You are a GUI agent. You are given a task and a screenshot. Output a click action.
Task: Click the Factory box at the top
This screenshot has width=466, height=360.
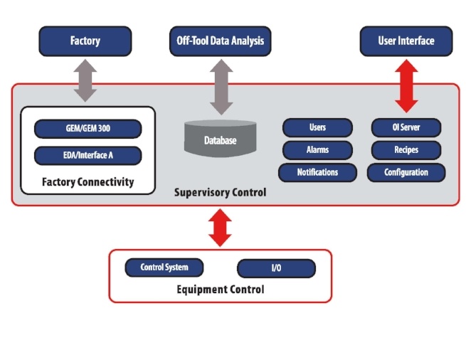pos(85,41)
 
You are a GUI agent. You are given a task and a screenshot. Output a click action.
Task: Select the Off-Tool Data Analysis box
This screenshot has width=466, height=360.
pos(220,41)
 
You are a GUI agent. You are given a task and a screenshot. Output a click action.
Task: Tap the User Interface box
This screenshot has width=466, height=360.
pos(406,41)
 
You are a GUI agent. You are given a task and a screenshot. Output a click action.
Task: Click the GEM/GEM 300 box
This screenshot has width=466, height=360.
pos(88,129)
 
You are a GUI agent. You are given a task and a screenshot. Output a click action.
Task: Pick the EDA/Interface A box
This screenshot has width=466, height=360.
pos(88,155)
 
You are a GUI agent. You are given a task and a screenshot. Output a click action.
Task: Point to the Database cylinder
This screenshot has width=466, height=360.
pos(220,139)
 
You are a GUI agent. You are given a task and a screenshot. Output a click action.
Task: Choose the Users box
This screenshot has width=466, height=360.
pos(317,128)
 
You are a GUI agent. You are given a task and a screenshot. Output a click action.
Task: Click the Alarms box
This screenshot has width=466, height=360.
pos(317,150)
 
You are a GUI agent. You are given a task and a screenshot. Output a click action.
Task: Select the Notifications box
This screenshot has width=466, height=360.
pos(317,172)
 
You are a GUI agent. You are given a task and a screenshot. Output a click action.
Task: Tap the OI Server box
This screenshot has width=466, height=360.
pos(406,128)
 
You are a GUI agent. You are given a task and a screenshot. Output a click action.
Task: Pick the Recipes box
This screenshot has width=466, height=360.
pos(406,150)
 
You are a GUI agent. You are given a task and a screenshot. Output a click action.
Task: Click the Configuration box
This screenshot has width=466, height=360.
pos(406,172)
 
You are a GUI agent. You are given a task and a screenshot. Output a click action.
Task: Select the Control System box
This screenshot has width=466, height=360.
pos(164,268)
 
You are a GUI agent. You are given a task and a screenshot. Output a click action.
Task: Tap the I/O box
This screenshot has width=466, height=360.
pos(276,268)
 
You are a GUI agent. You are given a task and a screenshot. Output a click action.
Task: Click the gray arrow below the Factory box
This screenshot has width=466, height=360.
pos(85,80)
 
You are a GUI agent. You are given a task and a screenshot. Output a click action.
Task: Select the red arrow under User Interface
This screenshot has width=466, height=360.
pos(406,86)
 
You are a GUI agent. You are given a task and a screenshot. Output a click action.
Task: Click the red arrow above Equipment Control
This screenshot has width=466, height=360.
pos(221,228)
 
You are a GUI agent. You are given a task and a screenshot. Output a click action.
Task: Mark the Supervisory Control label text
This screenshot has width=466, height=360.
pos(220,193)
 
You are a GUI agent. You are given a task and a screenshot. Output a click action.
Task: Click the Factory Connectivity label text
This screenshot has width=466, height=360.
pos(88,181)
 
